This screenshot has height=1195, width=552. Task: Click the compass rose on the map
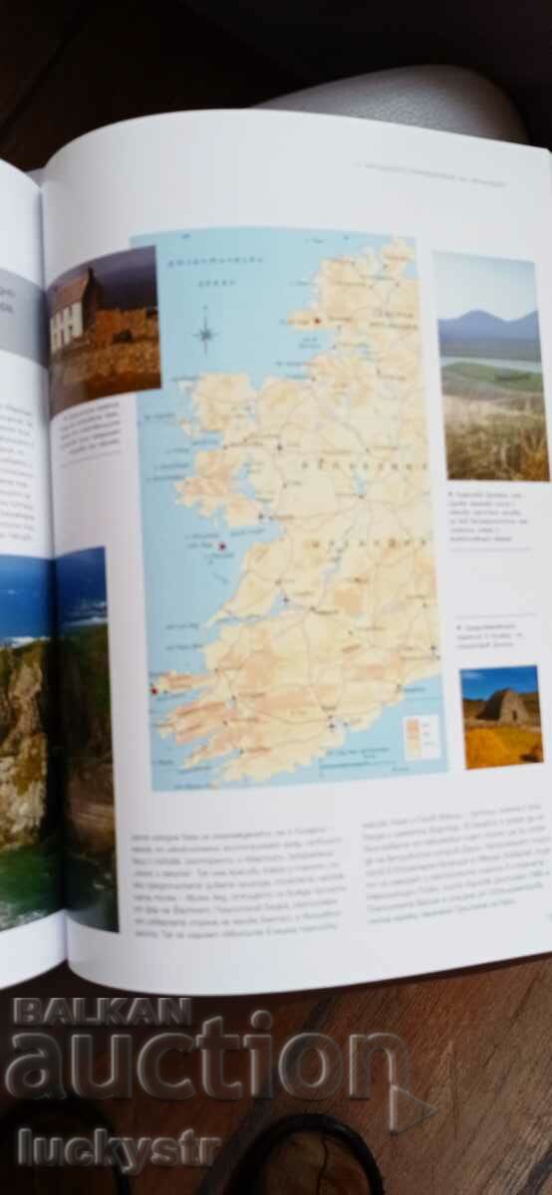pyautogui.click(x=206, y=331)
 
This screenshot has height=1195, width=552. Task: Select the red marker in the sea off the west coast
pyautogui.click(x=221, y=546)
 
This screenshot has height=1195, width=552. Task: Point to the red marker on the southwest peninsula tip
pyautogui.click(x=153, y=689)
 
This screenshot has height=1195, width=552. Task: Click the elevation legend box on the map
pyautogui.click(x=418, y=735)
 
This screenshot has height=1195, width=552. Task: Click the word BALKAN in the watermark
pyautogui.click(x=100, y=1012)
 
